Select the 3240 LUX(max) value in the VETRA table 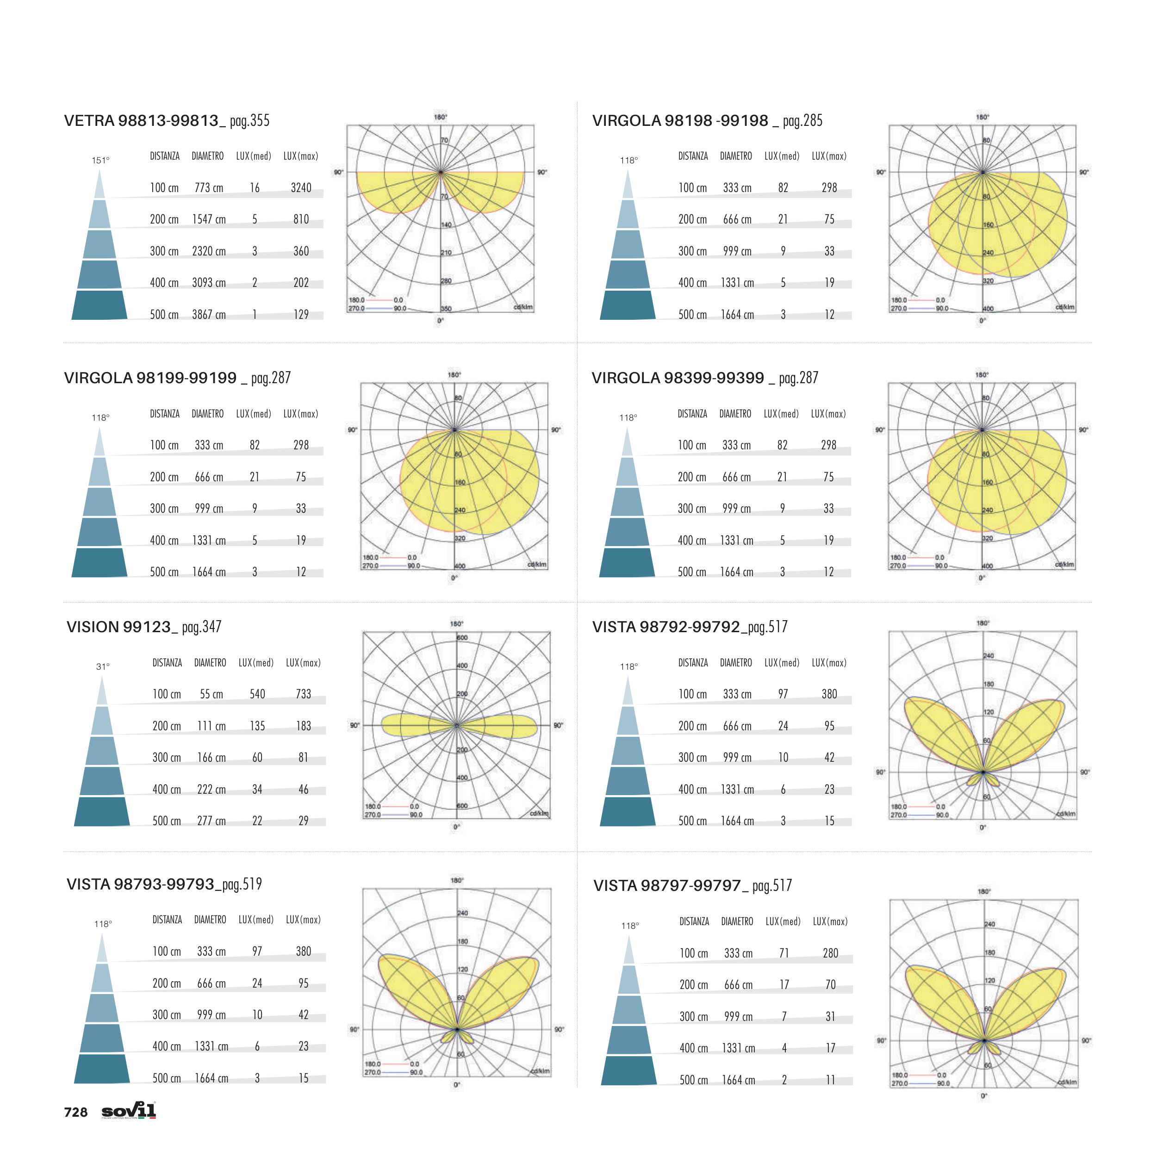point(301,188)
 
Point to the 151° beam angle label point(100,161)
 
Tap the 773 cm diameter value point(208,188)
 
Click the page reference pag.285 point(802,121)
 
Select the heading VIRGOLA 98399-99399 point(678,378)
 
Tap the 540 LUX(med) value point(257,694)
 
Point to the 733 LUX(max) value point(303,694)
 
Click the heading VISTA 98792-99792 point(666,627)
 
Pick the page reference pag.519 point(242,884)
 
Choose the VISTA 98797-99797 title point(667,886)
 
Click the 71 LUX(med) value point(784,953)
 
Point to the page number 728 point(75,1113)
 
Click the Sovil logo point(129,1111)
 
